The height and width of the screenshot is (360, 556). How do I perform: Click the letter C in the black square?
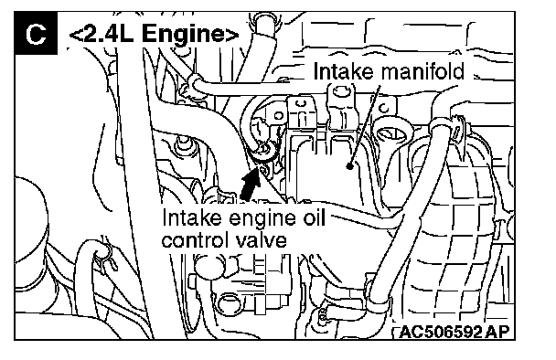[x=36, y=35]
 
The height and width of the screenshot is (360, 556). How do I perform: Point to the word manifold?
[x=422, y=71]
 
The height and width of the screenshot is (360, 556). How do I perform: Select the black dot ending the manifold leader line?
[x=349, y=165]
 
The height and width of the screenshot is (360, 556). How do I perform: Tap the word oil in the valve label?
[x=312, y=217]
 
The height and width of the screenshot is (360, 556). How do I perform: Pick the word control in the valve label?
[x=194, y=240]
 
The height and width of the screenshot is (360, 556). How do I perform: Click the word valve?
[x=261, y=240]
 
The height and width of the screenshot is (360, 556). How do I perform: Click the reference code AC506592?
[x=441, y=332]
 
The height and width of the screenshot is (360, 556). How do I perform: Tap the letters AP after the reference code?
[x=497, y=332]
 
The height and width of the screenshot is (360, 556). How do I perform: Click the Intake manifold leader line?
[x=365, y=124]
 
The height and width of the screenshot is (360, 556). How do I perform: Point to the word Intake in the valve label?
[x=191, y=217]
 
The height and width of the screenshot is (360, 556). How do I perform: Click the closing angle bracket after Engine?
[x=232, y=35]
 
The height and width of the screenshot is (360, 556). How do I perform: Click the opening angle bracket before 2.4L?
[x=76, y=35]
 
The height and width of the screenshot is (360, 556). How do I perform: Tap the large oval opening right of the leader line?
[x=391, y=133]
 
